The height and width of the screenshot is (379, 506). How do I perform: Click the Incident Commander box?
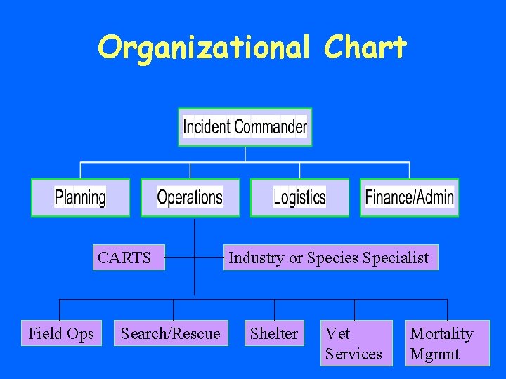pyautogui.click(x=245, y=127)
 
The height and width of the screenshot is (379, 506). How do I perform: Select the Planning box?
pyautogui.click(x=80, y=197)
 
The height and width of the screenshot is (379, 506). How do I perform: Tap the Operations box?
pyautogui.click(x=190, y=197)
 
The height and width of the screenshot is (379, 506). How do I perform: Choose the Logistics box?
pyautogui.click(x=299, y=197)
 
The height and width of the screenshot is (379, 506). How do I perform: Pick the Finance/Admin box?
pyautogui.click(x=409, y=197)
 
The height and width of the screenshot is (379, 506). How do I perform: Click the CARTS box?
pyautogui.click(x=129, y=258)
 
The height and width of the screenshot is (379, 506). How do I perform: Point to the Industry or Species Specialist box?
pyautogui.click(x=330, y=258)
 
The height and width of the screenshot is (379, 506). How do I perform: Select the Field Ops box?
pyautogui.click(x=61, y=333)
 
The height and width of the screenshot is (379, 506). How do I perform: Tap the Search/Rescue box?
pyautogui.click(x=170, y=333)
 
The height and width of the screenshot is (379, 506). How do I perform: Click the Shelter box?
pyautogui.click(x=274, y=333)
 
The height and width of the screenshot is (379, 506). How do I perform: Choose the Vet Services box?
pyautogui.click(x=356, y=343)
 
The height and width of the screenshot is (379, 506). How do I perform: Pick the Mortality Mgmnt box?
pyautogui.click(x=448, y=343)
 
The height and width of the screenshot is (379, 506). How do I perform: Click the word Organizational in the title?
pyautogui.click(x=203, y=48)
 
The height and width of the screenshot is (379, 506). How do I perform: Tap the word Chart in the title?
pyautogui.click(x=365, y=48)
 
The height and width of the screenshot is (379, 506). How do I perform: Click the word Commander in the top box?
pyautogui.click(x=271, y=127)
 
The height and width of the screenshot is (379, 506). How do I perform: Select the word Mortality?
pyautogui.click(x=441, y=333)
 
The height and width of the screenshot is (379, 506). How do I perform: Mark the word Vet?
pyautogui.click(x=337, y=333)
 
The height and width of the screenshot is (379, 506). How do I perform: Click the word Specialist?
pyautogui.click(x=396, y=258)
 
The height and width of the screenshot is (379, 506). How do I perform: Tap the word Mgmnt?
pyautogui.click(x=434, y=354)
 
